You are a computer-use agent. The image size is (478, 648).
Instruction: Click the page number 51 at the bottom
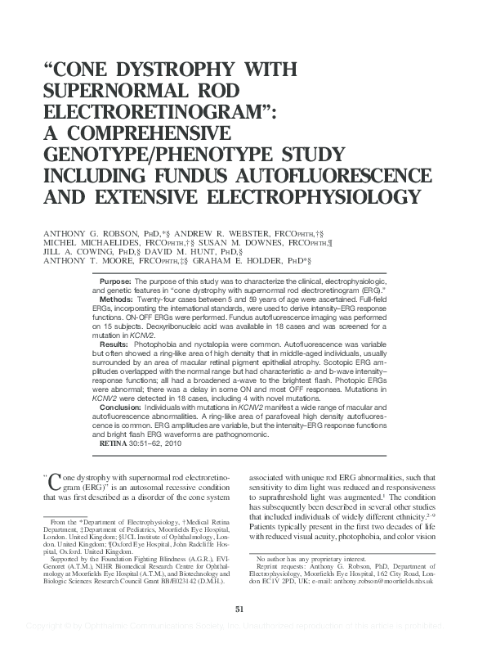point(239,609)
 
